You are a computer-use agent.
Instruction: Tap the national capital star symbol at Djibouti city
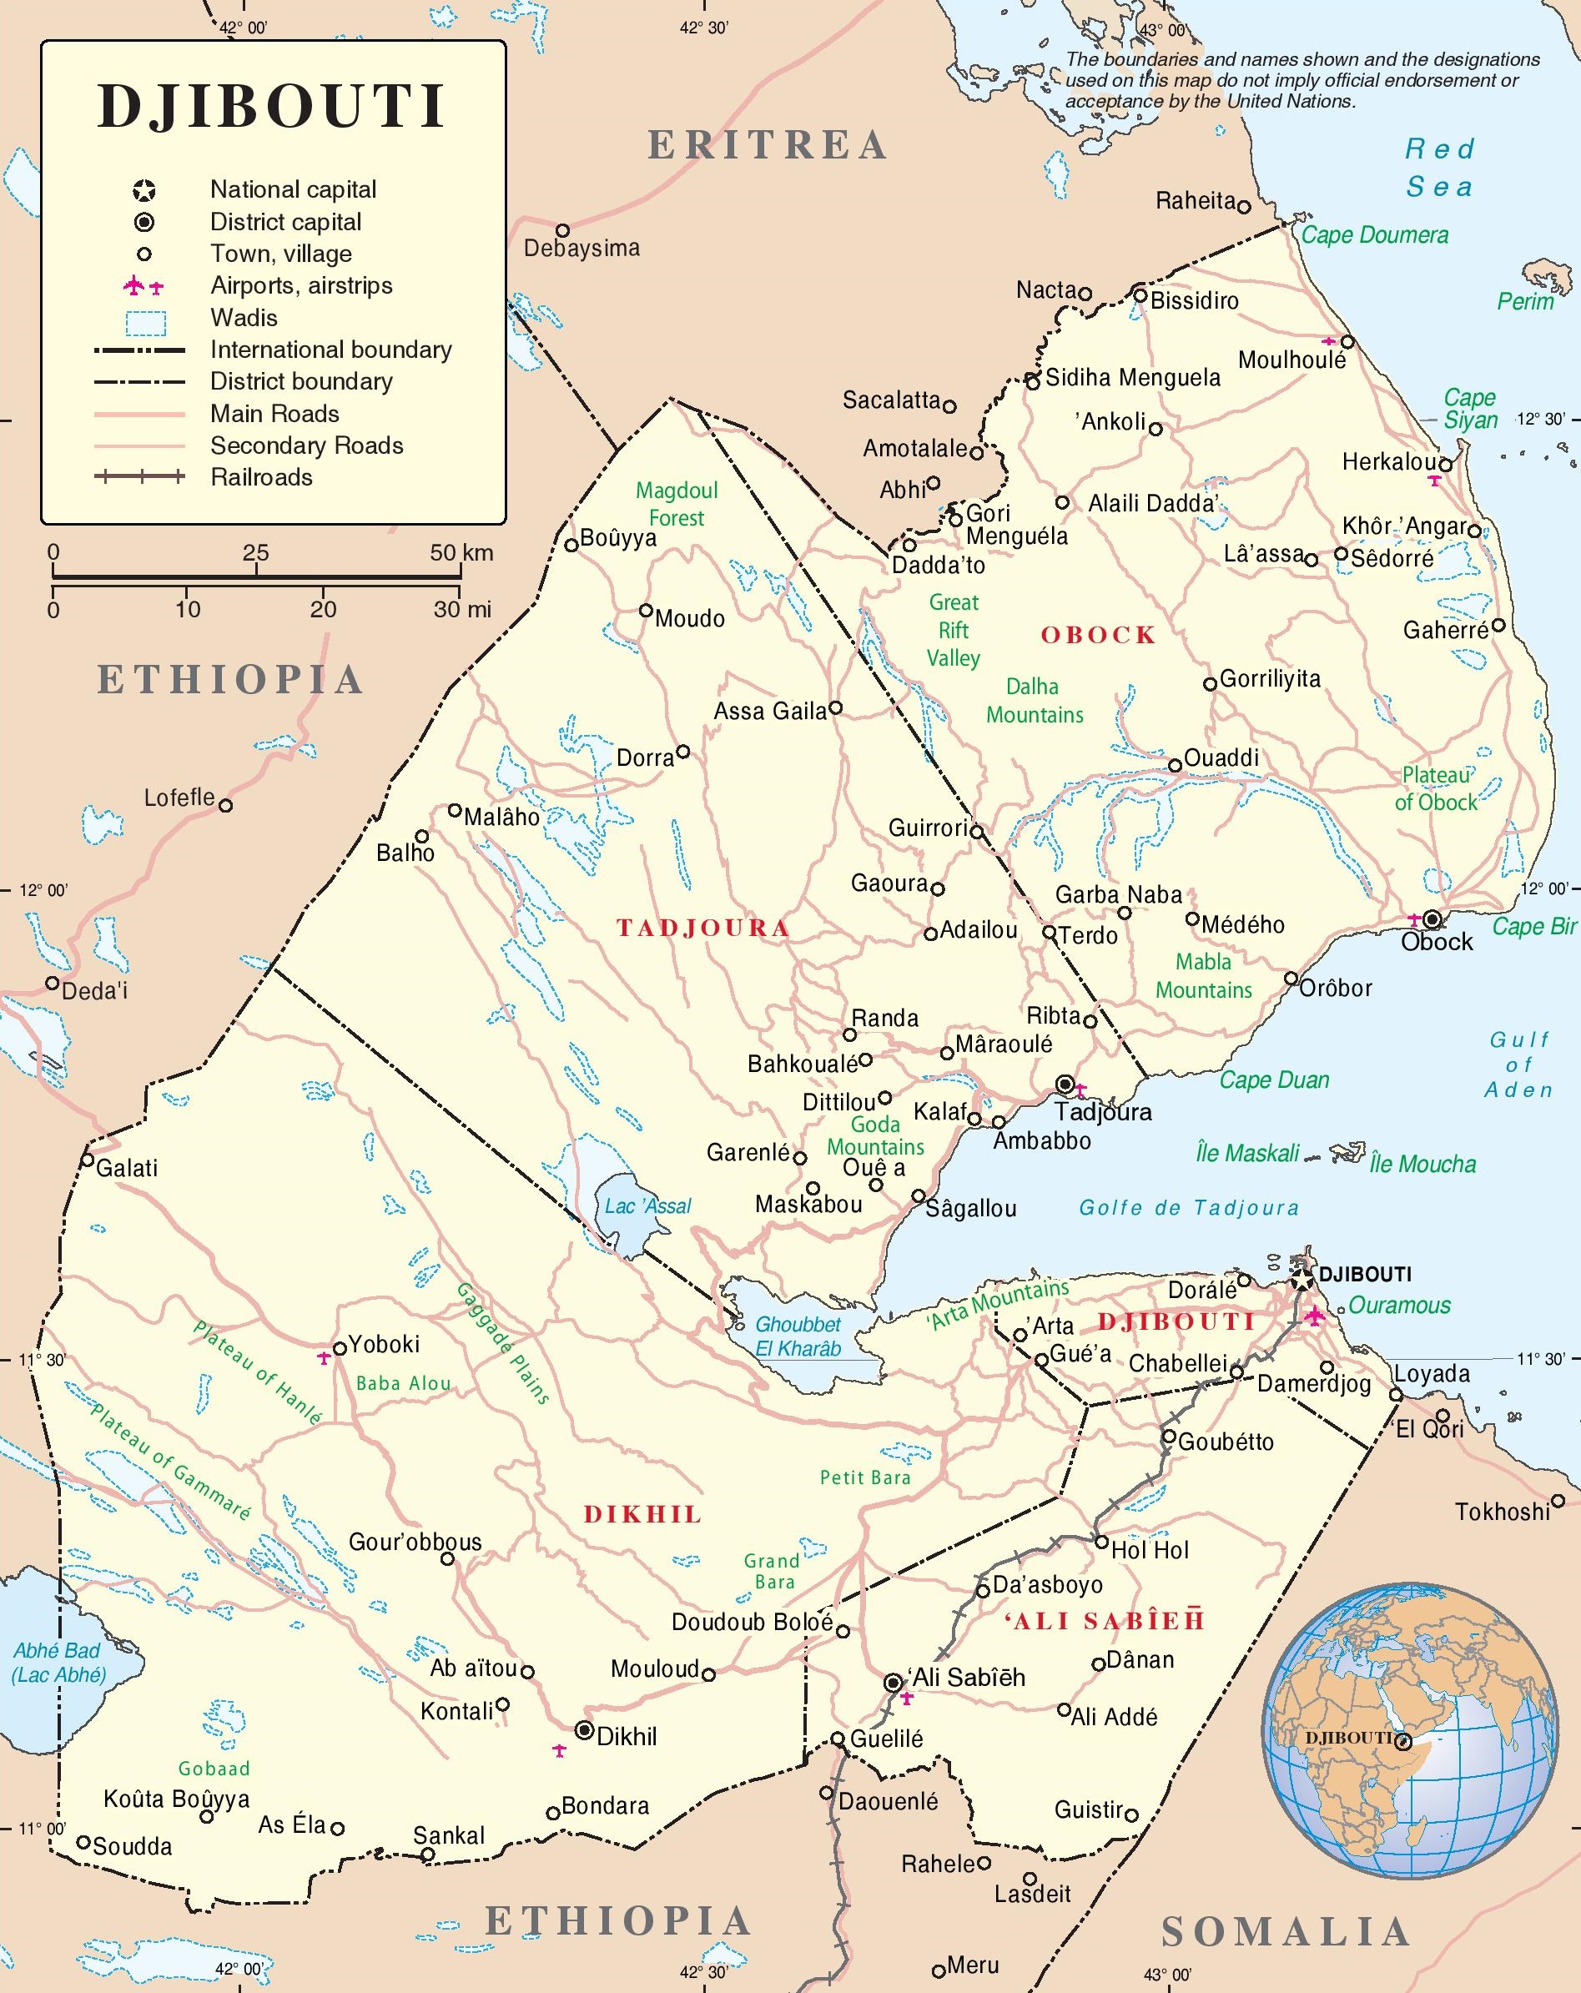(x=1302, y=1280)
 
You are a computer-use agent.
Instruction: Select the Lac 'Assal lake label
(x=647, y=1206)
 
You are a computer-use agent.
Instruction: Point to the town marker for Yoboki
(x=340, y=1348)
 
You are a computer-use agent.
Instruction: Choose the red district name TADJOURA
(x=702, y=929)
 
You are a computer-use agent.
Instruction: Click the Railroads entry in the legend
(x=261, y=477)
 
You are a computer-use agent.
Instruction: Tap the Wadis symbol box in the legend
(x=145, y=323)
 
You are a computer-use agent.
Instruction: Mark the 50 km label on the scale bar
(x=461, y=553)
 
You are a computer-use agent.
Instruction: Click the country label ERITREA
(x=768, y=145)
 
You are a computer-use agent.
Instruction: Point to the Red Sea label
(x=1438, y=168)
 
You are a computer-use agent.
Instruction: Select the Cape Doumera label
(x=1374, y=234)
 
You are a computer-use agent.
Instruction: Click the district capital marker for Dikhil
(x=584, y=1729)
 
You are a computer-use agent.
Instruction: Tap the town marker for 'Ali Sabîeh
(x=894, y=1683)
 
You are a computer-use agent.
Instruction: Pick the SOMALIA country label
(x=1285, y=1931)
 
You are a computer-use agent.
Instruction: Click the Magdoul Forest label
(x=676, y=504)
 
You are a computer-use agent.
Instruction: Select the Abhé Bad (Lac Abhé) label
(x=58, y=1662)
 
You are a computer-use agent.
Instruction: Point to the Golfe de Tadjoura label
(x=1189, y=1207)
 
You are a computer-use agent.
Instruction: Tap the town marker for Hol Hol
(x=1101, y=1542)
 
